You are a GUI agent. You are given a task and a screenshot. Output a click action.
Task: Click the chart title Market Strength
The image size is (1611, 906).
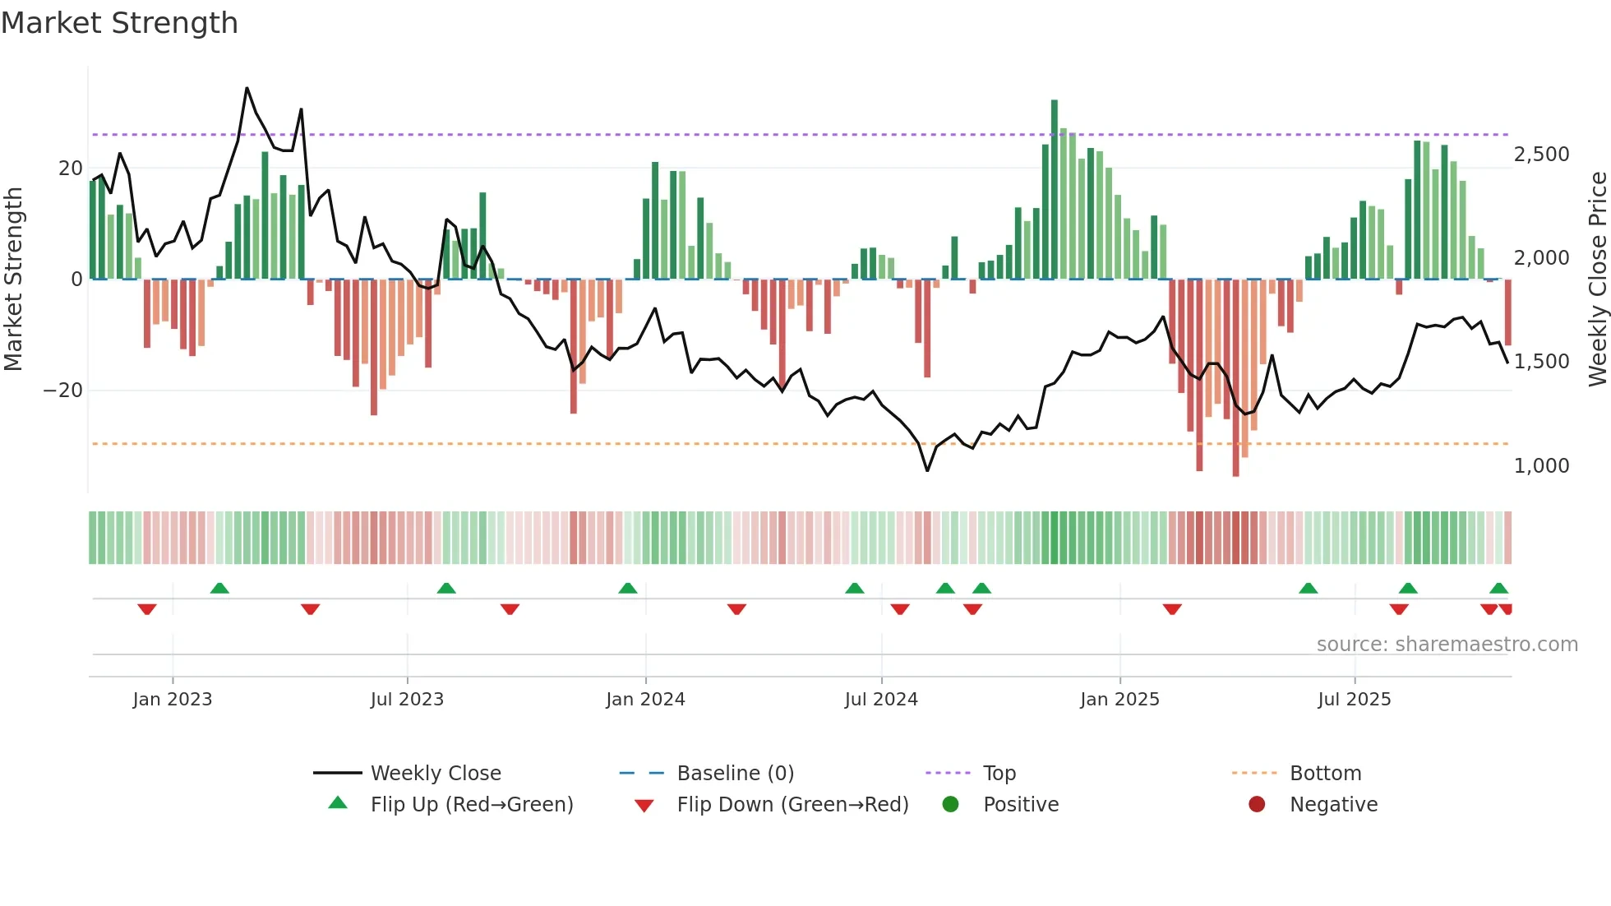[119, 23]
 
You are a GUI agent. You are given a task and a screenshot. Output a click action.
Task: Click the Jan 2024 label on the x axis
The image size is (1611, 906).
[645, 700]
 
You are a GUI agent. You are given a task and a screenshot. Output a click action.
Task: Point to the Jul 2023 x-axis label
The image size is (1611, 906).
[407, 700]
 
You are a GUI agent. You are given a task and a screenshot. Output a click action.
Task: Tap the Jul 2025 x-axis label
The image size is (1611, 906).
[1354, 700]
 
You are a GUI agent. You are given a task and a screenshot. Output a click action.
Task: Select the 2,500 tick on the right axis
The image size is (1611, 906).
[1541, 155]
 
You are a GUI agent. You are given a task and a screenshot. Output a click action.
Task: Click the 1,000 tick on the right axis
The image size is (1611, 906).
[1541, 466]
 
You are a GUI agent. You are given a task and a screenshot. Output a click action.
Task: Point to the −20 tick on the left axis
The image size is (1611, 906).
[63, 391]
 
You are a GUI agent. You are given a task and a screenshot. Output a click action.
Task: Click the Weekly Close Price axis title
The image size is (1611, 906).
[1597, 280]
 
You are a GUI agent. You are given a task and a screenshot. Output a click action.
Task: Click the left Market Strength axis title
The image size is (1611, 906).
[14, 280]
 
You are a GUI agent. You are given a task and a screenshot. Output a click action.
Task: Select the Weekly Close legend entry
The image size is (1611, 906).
[435, 774]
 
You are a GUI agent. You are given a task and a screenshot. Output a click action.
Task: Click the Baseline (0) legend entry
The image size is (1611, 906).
[735, 774]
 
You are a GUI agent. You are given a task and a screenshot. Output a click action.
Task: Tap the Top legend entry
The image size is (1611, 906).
[999, 774]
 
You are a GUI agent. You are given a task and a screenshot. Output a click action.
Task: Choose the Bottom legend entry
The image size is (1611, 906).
[1325, 774]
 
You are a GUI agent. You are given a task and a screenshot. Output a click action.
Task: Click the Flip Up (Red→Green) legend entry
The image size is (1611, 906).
[471, 805]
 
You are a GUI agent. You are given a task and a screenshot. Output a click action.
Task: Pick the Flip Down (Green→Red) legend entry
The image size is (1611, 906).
[792, 805]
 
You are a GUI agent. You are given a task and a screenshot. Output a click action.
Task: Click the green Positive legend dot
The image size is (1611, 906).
[950, 805]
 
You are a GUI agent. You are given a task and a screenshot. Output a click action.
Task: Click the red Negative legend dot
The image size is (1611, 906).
[1257, 805]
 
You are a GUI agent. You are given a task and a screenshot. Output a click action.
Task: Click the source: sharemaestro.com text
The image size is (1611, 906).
[1447, 645]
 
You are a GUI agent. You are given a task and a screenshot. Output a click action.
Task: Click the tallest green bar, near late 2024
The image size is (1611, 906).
[1055, 189]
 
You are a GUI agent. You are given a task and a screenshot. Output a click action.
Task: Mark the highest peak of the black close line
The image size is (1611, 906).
[247, 88]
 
